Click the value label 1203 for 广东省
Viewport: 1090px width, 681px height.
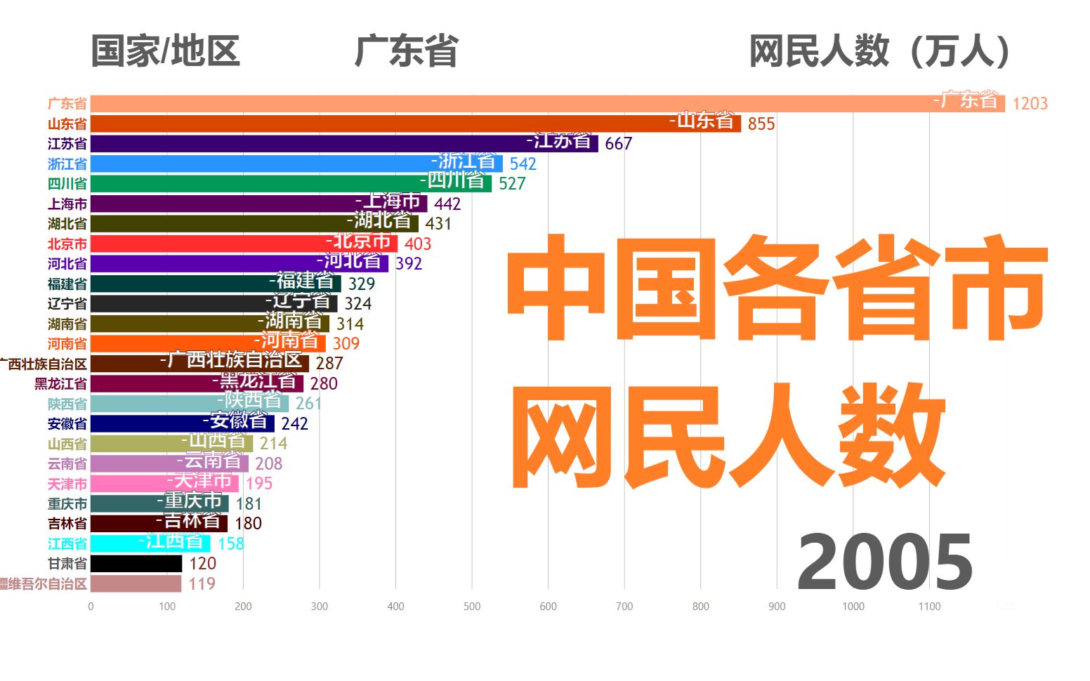pos(1030,104)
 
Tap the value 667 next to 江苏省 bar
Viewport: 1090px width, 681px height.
pos(618,144)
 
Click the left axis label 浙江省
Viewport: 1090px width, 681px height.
pos(67,164)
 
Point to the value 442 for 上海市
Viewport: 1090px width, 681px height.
pos(447,204)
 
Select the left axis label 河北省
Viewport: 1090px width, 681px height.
pos(67,264)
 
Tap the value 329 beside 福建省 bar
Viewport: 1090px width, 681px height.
pos(362,284)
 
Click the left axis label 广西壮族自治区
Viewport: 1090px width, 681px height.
pos(44,364)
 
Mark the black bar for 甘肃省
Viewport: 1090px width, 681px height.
pos(136,564)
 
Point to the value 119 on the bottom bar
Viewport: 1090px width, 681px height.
pos(202,584)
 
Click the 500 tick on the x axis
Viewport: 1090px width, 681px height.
pos(472,607)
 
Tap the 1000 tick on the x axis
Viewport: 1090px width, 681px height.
pos(853,607)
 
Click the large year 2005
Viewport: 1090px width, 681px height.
pos(885,562)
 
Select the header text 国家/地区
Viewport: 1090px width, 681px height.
pos(166,51)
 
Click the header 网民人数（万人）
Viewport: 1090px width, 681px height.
pos(880,51)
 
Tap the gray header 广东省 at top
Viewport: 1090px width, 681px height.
pos(407,51)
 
